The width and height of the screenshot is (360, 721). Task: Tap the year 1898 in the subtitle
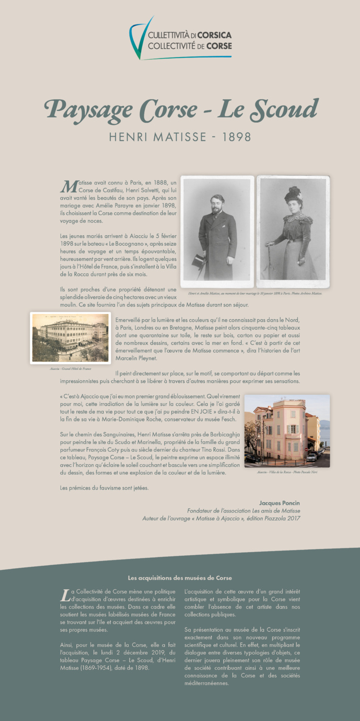tap(237, 137)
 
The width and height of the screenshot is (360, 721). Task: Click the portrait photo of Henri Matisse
tap(217, 231)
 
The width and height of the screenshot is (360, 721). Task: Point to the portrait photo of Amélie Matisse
tap(293, 231)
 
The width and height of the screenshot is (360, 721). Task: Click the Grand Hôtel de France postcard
tap(71, 338)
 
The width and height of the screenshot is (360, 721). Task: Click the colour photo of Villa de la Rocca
tap(287, 430)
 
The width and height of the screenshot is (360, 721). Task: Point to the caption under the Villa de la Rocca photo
tap(287, 472)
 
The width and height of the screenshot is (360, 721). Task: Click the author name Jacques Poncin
tap(280, 503)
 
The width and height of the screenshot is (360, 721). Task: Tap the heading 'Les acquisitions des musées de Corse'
tap(180, 578)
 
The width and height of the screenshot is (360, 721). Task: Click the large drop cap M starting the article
tap(68, 186)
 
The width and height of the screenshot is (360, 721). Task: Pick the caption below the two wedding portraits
tap(255, 293)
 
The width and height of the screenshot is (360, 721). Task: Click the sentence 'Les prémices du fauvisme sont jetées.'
tap(104, 488)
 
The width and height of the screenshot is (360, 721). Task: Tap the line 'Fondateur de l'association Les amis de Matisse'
tap(243, 510)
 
